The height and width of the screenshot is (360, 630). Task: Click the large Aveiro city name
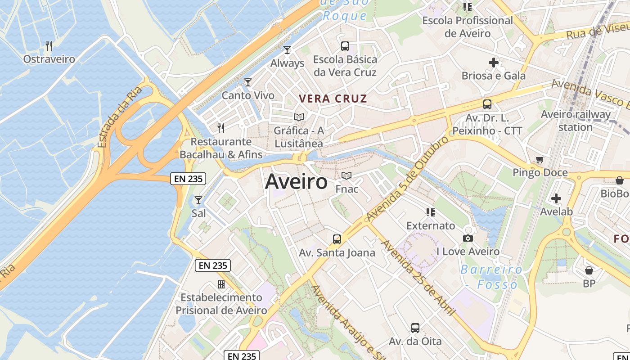click(297, 182)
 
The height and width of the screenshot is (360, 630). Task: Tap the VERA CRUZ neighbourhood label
click(333, 99)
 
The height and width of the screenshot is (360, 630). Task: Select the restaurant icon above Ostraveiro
click(49, 45)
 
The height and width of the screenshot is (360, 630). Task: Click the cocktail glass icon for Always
click(287, 50)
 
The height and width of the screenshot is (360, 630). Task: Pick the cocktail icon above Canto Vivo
click(247, 82)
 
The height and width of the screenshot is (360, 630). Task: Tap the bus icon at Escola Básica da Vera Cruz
click(345, 46)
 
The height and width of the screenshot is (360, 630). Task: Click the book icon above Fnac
click(346, 175)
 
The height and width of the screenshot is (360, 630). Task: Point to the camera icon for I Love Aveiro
click(468, 238)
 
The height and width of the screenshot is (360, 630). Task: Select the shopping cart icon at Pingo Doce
click(540, 159)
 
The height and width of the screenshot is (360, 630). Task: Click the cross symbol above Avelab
click(556, 198)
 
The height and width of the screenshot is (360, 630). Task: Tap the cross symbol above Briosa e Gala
click(494, 63)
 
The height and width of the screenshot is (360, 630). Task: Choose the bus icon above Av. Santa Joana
click(337, 239)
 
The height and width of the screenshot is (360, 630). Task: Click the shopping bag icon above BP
click(589, 270)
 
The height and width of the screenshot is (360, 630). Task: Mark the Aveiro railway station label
click(576, 121)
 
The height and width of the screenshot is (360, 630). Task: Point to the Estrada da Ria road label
click(119, 117)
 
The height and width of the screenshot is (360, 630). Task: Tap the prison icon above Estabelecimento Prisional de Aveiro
click(221, 284)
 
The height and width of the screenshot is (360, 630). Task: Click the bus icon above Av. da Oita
click(415, 328)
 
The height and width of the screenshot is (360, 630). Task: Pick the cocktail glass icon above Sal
click(198, 200)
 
